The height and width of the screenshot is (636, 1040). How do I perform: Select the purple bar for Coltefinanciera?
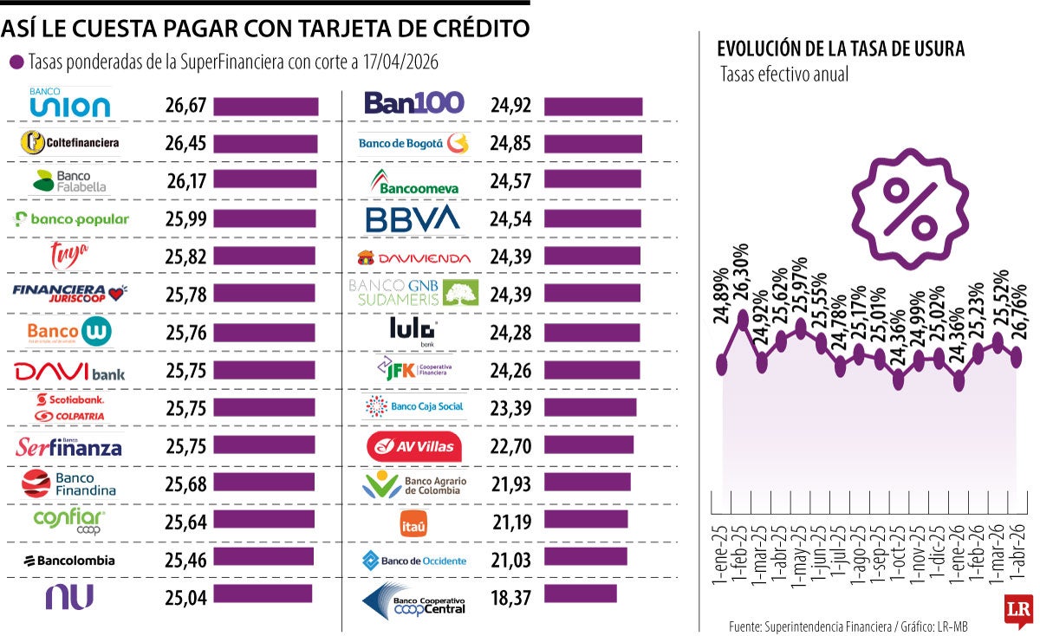pos(265,142)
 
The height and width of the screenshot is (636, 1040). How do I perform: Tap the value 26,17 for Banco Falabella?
pos(185,179)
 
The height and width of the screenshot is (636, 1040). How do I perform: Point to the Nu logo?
pos(69,596)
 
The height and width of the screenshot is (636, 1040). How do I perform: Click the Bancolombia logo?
pos(69,561)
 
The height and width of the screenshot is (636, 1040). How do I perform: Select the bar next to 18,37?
pos(581,594)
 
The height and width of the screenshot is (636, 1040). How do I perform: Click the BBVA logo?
pos(413,219)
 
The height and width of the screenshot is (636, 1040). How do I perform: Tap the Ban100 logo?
pos(414,103)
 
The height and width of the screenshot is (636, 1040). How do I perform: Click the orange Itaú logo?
pos(413,524)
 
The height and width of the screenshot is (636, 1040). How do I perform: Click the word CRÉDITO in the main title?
pos(474,29)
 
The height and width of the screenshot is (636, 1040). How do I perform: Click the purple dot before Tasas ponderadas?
pos(16,62)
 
